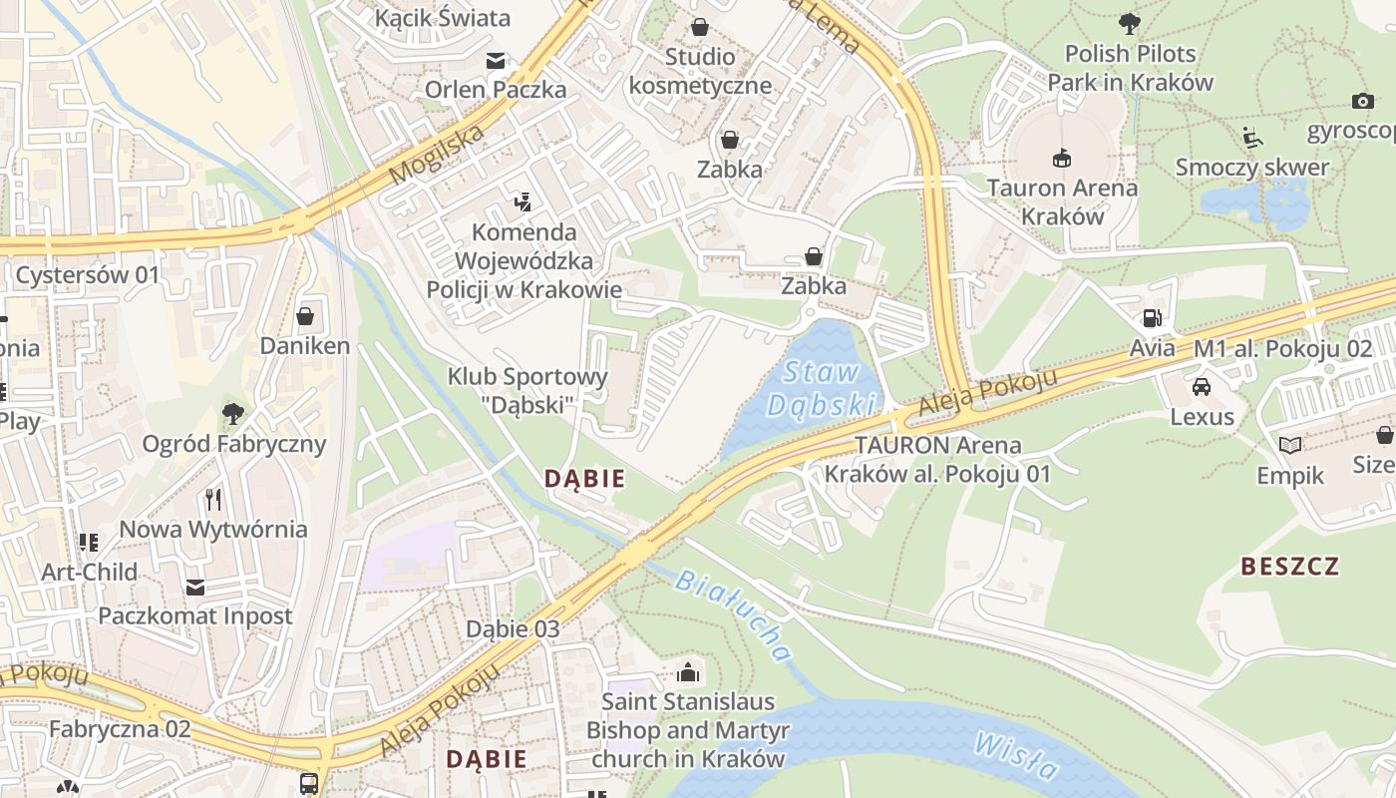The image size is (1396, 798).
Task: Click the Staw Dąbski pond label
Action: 823,388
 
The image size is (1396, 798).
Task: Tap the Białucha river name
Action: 734,614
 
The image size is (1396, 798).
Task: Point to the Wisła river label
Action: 1016,756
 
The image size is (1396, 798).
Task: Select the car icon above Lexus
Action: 1202,386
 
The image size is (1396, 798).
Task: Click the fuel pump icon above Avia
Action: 1152,318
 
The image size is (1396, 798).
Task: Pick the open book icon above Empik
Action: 1290,445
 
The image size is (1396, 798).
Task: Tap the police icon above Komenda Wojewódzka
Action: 522,202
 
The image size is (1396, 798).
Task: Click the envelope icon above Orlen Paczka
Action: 496,60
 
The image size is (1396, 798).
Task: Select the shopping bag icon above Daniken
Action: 305,316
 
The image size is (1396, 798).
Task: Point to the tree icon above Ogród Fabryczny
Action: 233,412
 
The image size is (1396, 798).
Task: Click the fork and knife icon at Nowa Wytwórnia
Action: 212,498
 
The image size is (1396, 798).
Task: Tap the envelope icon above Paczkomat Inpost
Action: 195,586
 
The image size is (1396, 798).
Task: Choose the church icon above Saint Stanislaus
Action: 687,671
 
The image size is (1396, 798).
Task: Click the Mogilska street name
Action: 437,155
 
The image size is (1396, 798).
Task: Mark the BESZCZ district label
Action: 1289,567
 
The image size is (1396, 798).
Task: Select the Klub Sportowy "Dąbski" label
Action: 526,390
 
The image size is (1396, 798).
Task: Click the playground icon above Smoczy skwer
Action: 1253,137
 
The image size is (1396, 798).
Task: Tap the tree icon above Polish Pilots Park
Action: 1129,22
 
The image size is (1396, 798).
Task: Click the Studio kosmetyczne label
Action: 700,70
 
